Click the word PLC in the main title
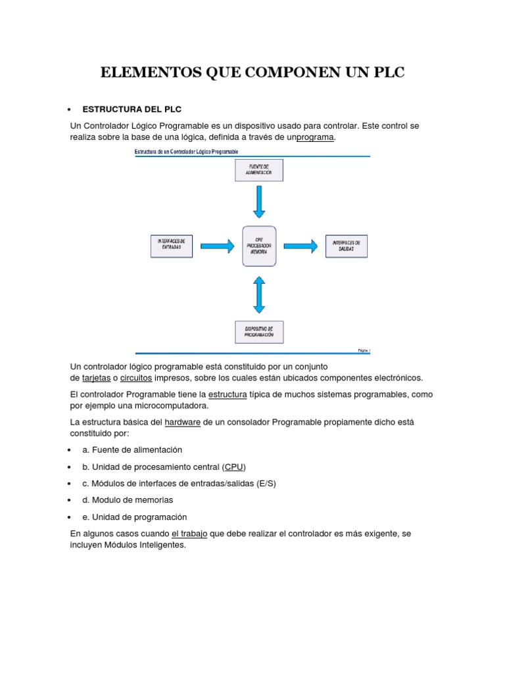pos(386,73)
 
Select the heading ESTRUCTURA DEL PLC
pos(132,109)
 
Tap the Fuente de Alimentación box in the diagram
pos(259,170)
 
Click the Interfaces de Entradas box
pos(172,246)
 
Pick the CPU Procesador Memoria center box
pos(259,246)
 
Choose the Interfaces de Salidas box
pos(347,246)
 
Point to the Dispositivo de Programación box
pos(259,332)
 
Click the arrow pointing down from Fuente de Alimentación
pos(259,201)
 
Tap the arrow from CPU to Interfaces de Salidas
pos(302,246)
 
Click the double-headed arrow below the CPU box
pos(259,294)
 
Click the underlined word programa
pos(316,137)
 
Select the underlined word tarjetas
pos(96,378)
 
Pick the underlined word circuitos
pos(136,378)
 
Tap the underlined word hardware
pos(183,422)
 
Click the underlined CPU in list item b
pos(233,467)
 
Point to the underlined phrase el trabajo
pos(189,534)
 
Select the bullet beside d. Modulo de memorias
pos(70,500)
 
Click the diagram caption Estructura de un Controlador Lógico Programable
pos(187,152)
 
